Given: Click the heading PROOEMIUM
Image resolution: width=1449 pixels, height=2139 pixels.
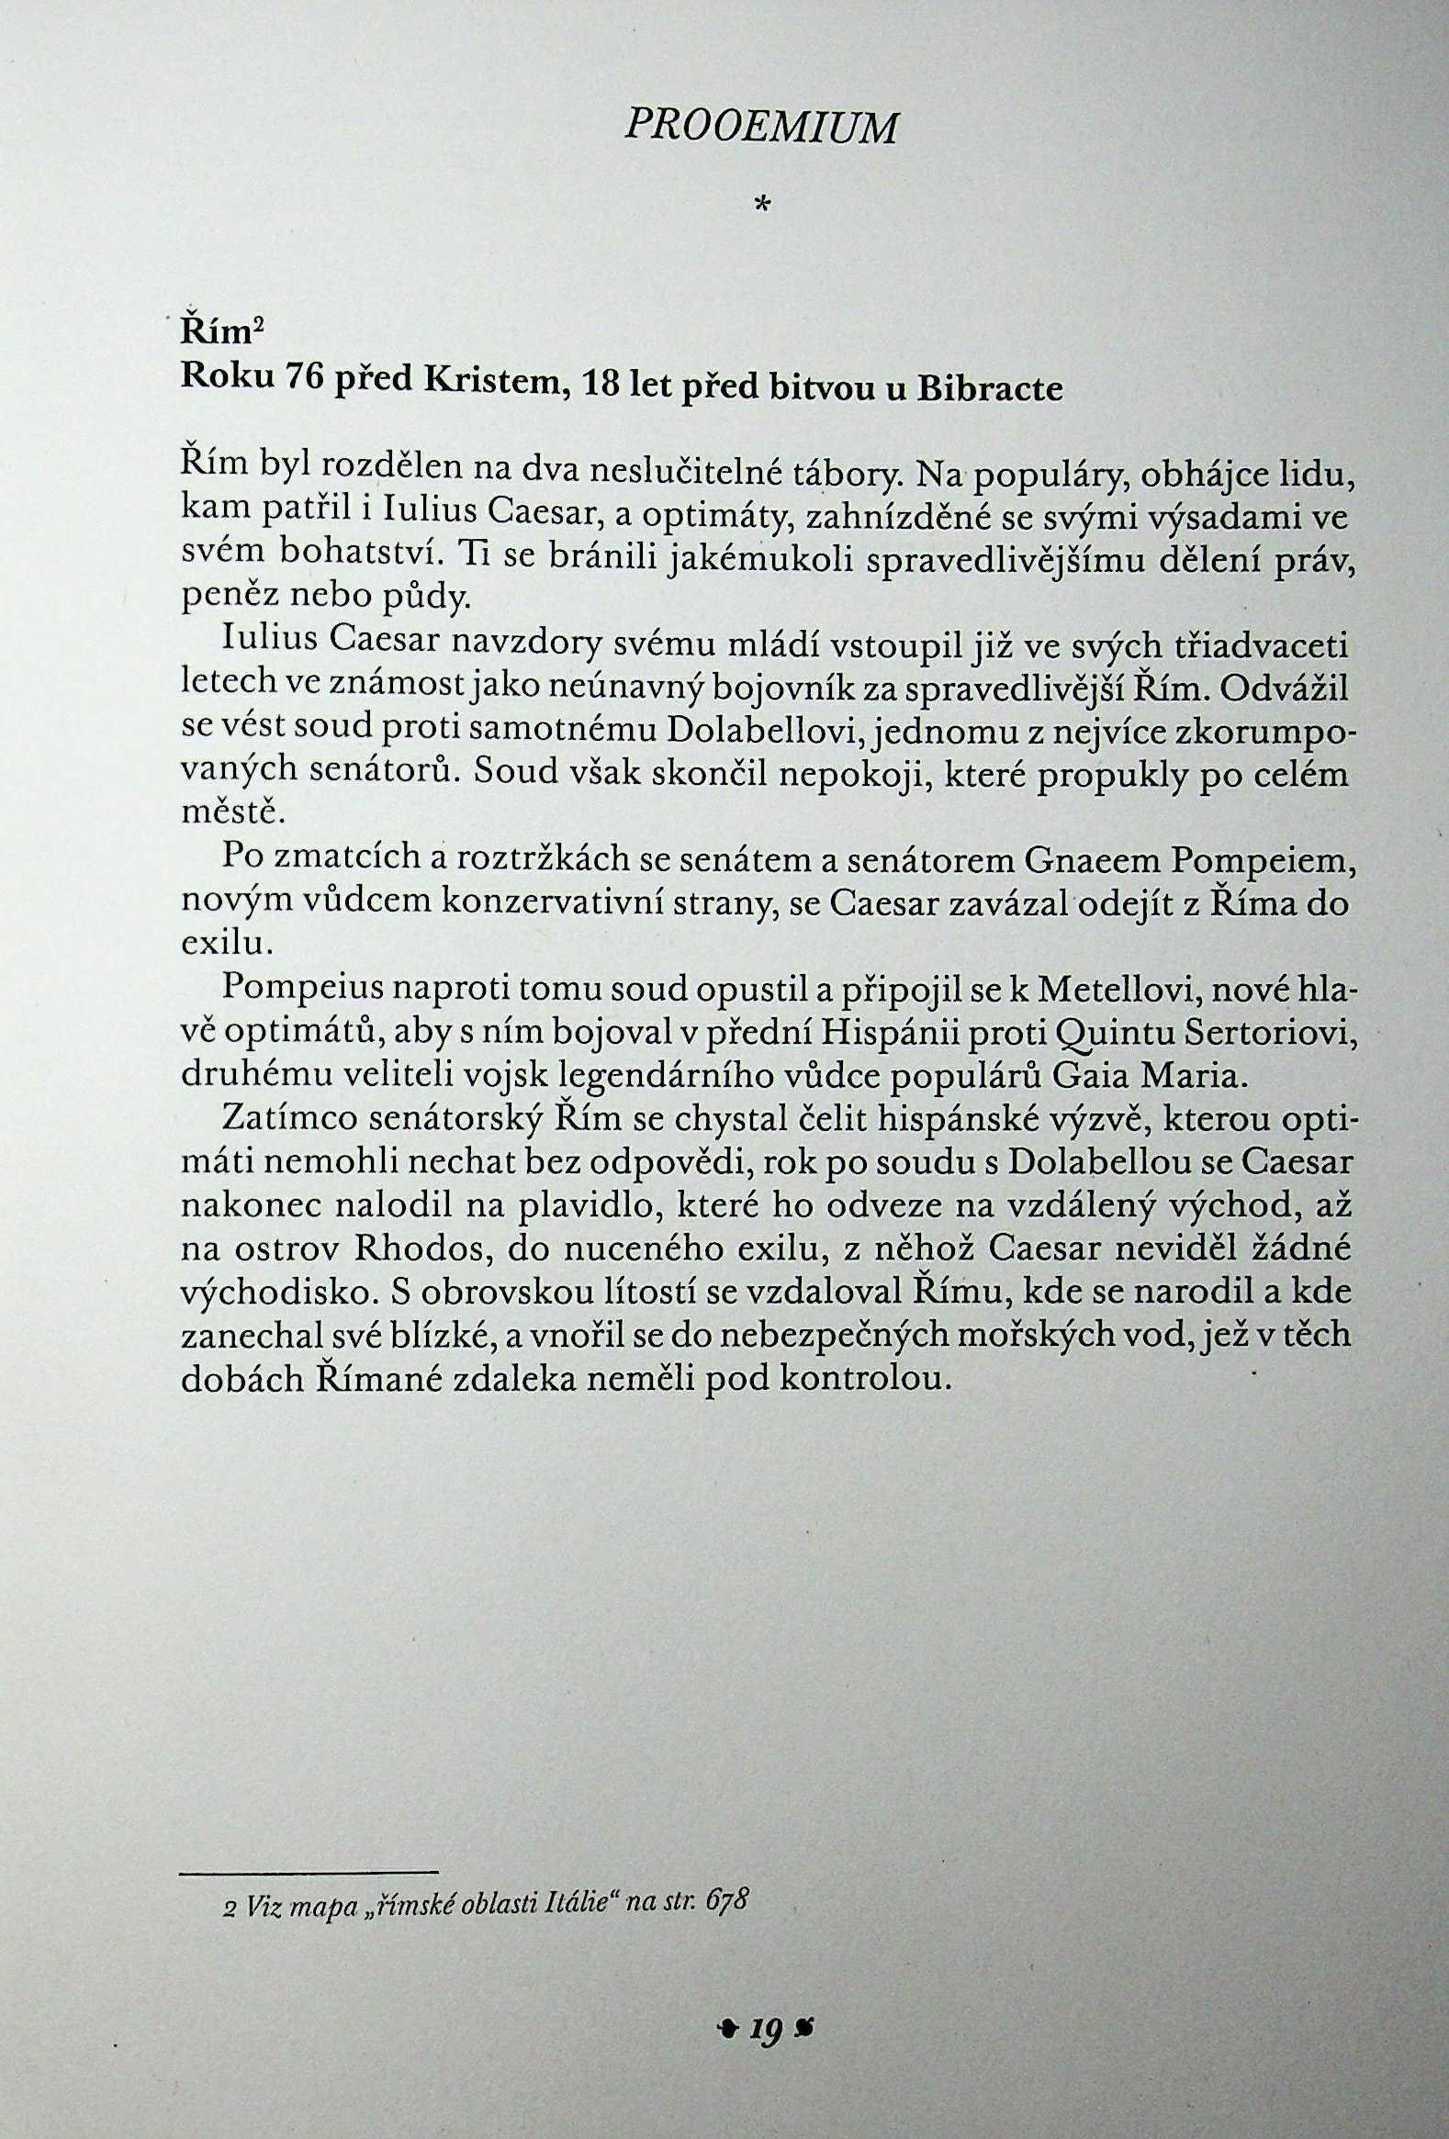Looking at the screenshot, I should (760, 128).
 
